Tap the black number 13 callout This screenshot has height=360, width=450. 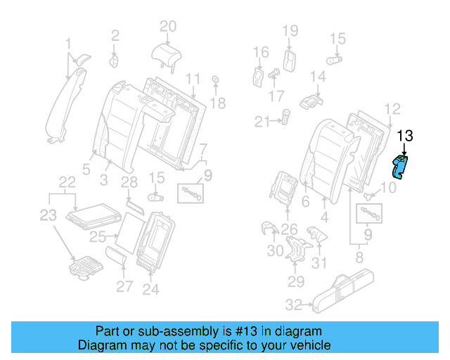[x=406, y=136]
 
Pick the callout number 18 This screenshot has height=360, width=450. [x=218, y=103]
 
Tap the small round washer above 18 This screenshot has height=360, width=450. [x=214, y=79]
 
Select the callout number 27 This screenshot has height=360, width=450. [x=124, y=286]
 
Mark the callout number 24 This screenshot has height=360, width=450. [x=151, y=288]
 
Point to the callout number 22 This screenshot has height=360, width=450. [x=67, y=181]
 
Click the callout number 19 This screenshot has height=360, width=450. [x=290, y=30]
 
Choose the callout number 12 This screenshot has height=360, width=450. [x=393, y=108]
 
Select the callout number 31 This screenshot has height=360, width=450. [x=320, y=264]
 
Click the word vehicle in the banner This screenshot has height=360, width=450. [x=307, y=345]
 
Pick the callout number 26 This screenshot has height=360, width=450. [x=289, y=228]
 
